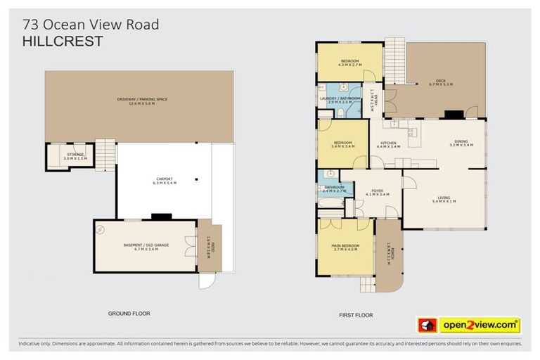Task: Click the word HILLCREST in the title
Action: point(63,42)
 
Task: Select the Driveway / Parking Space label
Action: point(142,99)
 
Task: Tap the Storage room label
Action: point(75,154)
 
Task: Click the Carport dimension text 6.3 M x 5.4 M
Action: point(165,183)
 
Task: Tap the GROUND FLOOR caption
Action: point(129,313)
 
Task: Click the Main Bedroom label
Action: point(345,245)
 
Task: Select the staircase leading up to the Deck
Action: point(395,57)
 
